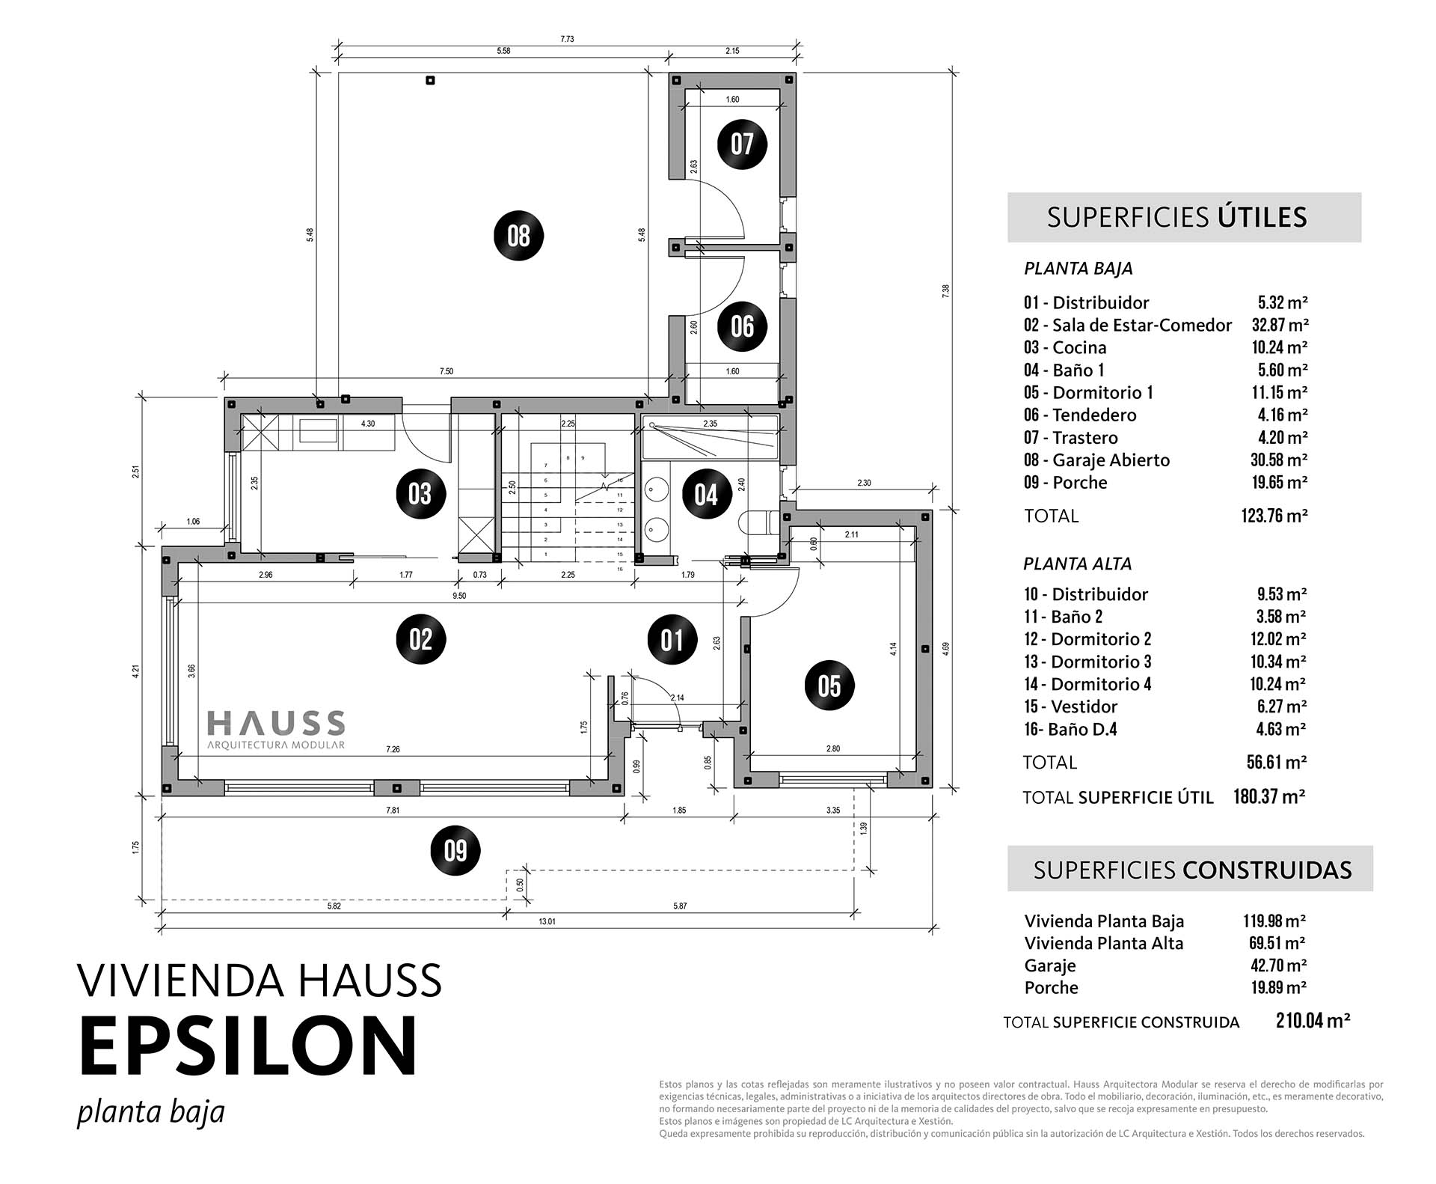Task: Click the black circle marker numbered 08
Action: click(x=518, y=237)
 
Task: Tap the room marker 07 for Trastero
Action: click(x=742, y=144)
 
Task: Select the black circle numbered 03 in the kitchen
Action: click(x=420, y=494)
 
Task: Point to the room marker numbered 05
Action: click(x=829, y=686)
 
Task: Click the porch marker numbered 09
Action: click(x=455, y=851)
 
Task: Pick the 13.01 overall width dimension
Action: click(x=547, y=921)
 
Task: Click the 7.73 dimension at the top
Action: click(x=567, y=39)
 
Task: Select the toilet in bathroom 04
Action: click(x=757, y=523)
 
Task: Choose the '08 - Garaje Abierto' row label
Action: click(x=1096, y=460)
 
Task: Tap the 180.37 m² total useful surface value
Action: click(x=1269, y=796)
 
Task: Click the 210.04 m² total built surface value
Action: click(x=1313, y=1021)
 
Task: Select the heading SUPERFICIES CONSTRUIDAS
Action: click(x=1192, y=870)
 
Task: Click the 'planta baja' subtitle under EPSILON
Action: click(x=151, y=1113)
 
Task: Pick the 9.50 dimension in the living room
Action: click(x=459, y=596)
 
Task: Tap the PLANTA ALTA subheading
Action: click(x=1078, y=564)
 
